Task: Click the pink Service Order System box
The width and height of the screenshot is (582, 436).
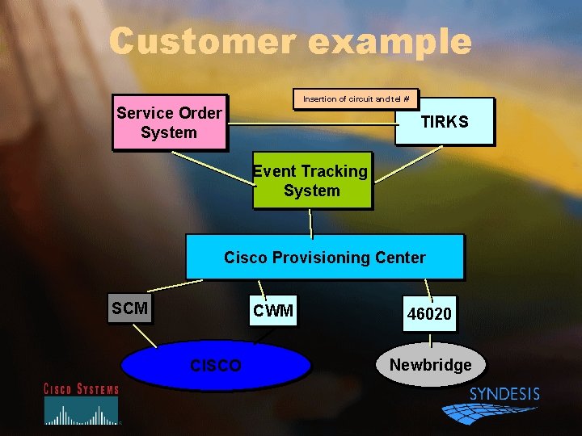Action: (x=169, y=123)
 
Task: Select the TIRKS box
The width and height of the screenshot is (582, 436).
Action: (x=444, y=121)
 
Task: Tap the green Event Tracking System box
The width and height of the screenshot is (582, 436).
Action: (x=312, y=181)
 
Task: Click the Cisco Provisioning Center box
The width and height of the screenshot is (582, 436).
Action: (x=324, y=257)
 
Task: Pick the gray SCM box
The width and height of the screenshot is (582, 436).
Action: (x=129, y=308)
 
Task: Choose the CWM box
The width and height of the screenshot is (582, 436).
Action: (x=273, y=310)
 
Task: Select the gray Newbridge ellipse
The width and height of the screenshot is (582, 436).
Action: (x=430, y=364)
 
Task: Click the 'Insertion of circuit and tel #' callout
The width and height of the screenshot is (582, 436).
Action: (x=356, y=99)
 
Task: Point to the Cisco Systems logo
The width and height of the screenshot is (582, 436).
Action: (x=81, y=404)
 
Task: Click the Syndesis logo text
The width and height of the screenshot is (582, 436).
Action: (x=504, y=394)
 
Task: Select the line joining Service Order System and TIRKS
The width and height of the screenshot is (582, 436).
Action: (x=311, y=124)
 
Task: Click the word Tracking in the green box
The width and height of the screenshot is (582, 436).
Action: (x=331, y=171)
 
